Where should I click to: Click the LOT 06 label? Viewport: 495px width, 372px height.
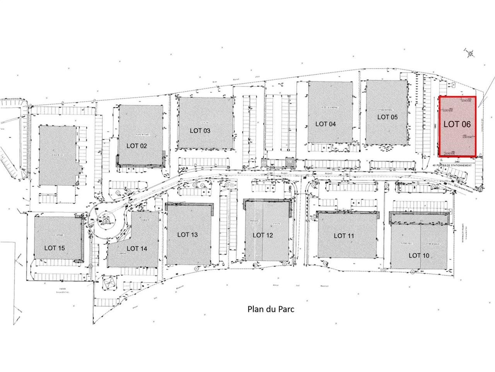pyautogui.click(x=457, y=124)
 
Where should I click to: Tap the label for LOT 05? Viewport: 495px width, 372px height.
pyautogui.click(x=387, y=117)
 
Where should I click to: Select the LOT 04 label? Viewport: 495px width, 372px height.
pyautogui.click(x=326, y=124)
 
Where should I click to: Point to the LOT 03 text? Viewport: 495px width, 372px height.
pyautogui.click(x=200, y=131)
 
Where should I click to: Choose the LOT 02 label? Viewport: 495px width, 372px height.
pyautogui.click(x=137, y=146)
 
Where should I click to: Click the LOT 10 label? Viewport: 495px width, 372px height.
pyautogui.click(x=419, y=255)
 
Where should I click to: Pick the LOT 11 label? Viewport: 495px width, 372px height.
pyautogui.click(x=344, y=236)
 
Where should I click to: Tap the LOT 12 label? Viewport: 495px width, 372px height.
pyautogui.click(x=263, y=235)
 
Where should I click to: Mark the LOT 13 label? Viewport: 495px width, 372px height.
pyautogui.click(x=188, y=234)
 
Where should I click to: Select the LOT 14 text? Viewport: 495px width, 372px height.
pyautogui.click(x=137, y=248)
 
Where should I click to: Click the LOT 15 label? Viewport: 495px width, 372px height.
pyautogui.click(x=55, y=248)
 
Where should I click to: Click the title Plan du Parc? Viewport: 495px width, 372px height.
pyautogui.click(x=268, y=310)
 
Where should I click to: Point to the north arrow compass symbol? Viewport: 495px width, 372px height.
pyautogui.click(x=470, y=53)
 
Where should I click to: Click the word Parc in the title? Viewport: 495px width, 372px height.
pyautogui.click(x=282, y=310)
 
